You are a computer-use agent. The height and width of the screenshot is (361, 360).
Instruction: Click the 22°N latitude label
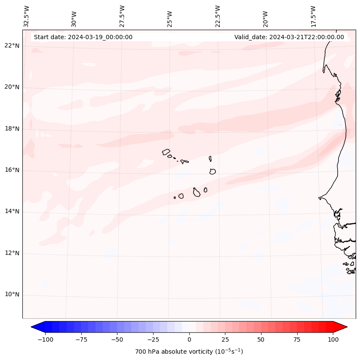click(x=12, y=46)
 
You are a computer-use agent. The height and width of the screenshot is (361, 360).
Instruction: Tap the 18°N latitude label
click(x=12, y=129)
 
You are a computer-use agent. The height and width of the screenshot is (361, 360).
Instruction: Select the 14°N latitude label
click(x=12, y=211)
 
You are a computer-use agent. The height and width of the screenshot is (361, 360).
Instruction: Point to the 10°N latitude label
click(x=12, y=294)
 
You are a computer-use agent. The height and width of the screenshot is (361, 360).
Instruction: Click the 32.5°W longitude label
click(x=27, y=16)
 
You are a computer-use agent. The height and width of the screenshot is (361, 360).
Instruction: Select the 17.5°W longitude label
click(x=313, y=16)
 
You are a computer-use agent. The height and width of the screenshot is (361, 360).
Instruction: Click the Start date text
click(x=83, y=37)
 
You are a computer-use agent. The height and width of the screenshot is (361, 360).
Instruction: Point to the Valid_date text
click(x=289, y=37)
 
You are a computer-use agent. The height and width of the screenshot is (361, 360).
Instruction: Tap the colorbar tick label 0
click(x=189, y=339)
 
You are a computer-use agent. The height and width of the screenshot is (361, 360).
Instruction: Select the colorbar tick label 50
click(x=261, y=339)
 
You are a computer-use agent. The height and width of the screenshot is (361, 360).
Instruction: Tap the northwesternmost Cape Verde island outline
click(x=166, y=152)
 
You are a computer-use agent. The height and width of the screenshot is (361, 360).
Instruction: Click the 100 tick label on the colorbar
click(x=333, y=339)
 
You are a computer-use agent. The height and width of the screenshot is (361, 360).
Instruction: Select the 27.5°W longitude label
click(x=122, y=16)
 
